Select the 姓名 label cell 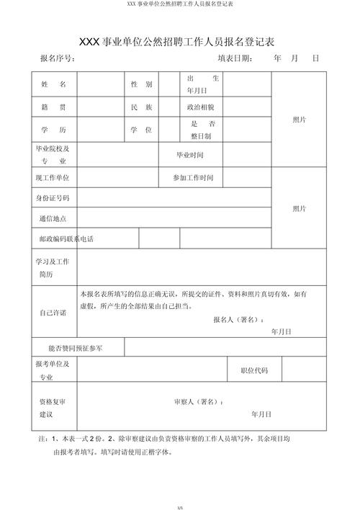53,84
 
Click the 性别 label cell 141,84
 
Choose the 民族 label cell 141,107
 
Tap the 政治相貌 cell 199,107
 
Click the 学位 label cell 141,130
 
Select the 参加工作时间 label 193,177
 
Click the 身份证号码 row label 53,197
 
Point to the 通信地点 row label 53,218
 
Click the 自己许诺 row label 53,313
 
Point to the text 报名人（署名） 238,318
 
